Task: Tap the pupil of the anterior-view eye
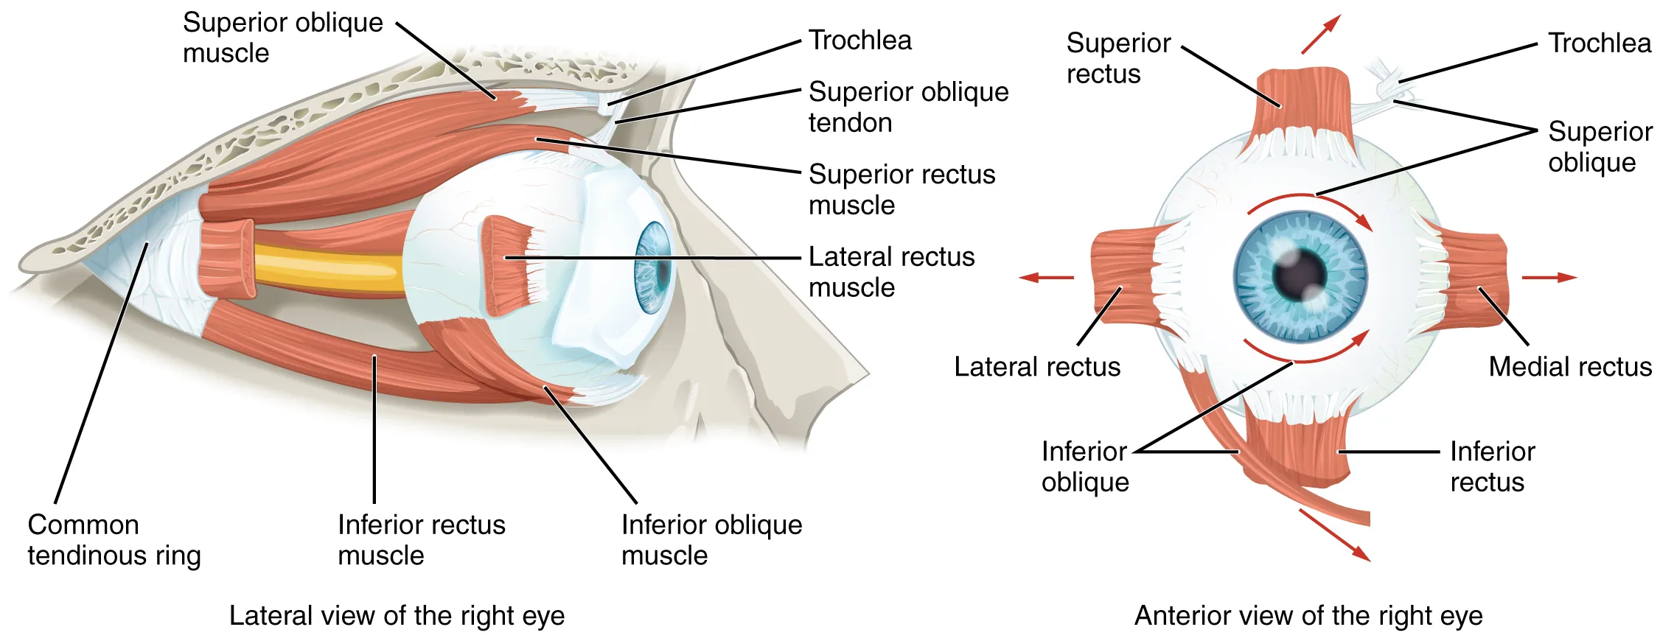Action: (x=1300, y=276)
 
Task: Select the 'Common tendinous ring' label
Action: (x=114, y=540)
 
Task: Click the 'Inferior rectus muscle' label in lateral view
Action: (x=421, y=540)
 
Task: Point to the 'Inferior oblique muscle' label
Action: (x=711, y=540)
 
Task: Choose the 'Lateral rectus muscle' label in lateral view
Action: (x=891, y=272)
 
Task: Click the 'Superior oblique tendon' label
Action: (x=908, y=107)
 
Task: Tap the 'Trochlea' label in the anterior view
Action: (x=1599, y=43)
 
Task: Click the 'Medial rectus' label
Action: (x=1570, y=367)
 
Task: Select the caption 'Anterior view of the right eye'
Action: (x=1308, y=615)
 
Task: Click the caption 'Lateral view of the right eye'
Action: (x=397, y=615)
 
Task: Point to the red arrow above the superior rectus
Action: (x=1320, y=34)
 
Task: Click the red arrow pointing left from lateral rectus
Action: (x=1046, y=278)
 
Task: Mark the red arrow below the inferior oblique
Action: (x=1334, y=535)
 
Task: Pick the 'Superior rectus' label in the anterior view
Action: (x=1117, y=58)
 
